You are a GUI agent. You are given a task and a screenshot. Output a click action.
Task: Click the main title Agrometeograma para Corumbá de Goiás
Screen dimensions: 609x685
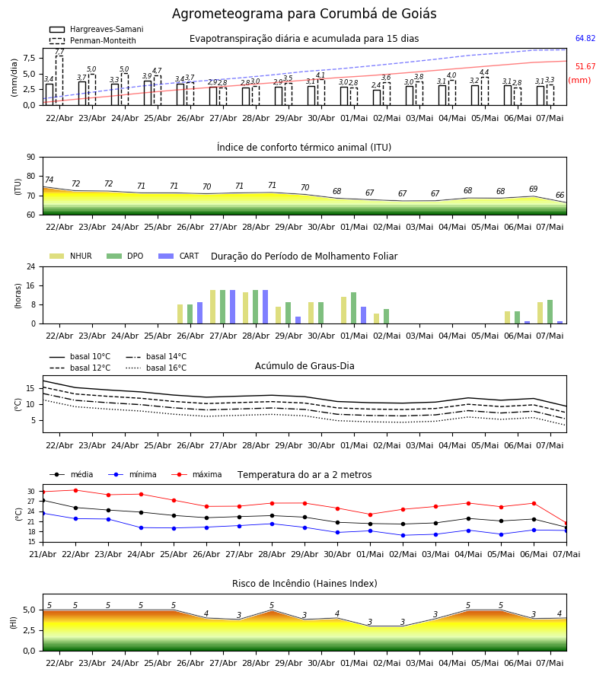click(x=304, y=14)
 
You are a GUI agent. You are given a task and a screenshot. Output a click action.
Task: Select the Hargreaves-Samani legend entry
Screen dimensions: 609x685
click(x=96, y=29)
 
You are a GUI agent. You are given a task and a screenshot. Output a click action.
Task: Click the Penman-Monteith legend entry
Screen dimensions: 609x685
click(x=93, y=40)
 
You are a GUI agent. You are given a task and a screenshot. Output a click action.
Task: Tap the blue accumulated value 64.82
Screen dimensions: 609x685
click(x=585, y=39)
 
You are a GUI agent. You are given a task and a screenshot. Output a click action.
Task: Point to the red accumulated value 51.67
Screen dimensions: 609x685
click(x=585, y=66)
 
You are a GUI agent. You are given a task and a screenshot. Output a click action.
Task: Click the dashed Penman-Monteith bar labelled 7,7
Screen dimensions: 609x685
click(x=59, y=81)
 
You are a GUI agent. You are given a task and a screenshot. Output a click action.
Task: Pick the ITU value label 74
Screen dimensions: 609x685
click(x=49, y=180)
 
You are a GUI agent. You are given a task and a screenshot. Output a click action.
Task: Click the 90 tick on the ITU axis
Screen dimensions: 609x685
click(x=31, y=158)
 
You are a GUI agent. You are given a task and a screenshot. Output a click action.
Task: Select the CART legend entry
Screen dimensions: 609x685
click(x=179, y=256)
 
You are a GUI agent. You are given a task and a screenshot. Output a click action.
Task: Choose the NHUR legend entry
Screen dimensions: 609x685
click(x=71, y=256)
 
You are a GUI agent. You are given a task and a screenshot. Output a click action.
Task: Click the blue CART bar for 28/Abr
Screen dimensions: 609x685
click(x=265, y=307)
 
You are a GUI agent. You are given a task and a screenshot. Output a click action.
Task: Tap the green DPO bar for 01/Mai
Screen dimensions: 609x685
click(x=353, y=308)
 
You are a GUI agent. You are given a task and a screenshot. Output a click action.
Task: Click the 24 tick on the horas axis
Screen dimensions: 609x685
click(x=31, y=266)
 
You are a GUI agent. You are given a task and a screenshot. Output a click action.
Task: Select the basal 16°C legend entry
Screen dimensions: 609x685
click(x=156, y=368)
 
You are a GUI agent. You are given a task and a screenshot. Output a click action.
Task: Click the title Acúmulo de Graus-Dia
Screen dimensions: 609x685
click(x=304, y=365)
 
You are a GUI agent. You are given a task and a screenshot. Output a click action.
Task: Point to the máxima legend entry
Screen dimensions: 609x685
click(x=196, y=474)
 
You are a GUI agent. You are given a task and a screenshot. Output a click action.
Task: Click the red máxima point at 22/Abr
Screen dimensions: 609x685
click(x=75, y=490)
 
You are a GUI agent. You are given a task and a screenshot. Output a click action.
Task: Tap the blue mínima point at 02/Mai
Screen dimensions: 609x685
click(x=403, y=535)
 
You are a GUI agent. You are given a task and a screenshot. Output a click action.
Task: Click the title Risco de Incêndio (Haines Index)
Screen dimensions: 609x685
click(x=304, y=584)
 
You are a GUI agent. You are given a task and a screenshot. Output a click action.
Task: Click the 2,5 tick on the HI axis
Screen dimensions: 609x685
click(x=29, y=630)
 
